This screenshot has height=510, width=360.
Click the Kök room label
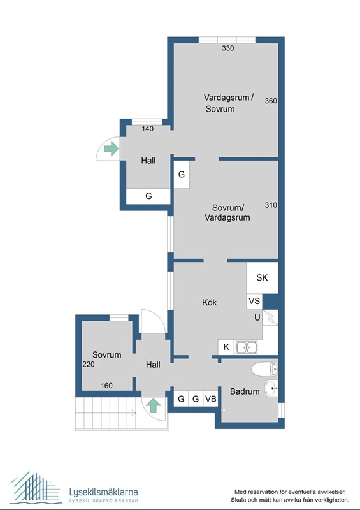pos(209,302)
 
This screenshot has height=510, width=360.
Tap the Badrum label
pos(245,391)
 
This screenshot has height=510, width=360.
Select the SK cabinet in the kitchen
pos(262,277)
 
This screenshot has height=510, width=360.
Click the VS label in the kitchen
pos(254,301)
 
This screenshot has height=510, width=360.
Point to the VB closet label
pos(211,398)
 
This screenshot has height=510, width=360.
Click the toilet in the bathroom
pos(264,369)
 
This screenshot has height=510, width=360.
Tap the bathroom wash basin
pos(271,388)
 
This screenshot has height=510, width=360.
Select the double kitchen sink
pos(246,347)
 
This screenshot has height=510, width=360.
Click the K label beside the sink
pos(226,347)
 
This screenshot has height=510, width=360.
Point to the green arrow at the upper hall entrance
pos(111,149)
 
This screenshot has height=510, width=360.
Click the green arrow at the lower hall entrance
pos(153,406)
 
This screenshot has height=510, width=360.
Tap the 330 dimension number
pos(227,48)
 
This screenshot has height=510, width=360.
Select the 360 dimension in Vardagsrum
pos(271,101)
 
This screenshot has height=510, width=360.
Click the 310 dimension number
pos(271,205)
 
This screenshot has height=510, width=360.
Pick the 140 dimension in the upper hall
pos(147,129)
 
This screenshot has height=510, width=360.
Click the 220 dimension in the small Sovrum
pos(89,364)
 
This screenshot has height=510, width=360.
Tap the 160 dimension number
pos(106,386)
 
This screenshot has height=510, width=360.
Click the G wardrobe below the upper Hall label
pos(148,196)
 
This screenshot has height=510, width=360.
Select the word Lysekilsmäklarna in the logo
pos(103,492)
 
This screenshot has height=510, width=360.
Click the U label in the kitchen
pos(257,317)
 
